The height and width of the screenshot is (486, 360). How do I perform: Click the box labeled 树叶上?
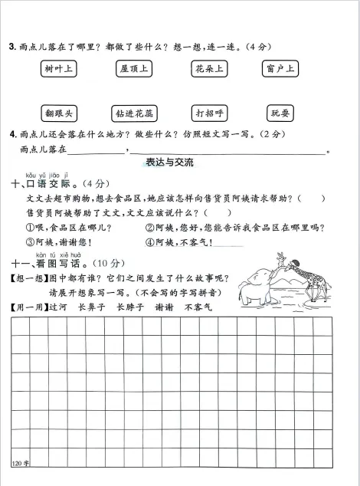(59, 69)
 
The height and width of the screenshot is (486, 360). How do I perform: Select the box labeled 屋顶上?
(135, 69)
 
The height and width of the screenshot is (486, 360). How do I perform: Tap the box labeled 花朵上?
(208, 69)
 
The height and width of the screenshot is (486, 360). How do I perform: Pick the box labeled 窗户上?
(280, 69)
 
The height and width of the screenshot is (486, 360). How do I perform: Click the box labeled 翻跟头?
(59, 113)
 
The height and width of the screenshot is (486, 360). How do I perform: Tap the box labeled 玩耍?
(280, 113)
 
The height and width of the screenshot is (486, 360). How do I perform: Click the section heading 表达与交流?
(169, 163)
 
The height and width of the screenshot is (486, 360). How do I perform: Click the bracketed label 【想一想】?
(28, 278)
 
